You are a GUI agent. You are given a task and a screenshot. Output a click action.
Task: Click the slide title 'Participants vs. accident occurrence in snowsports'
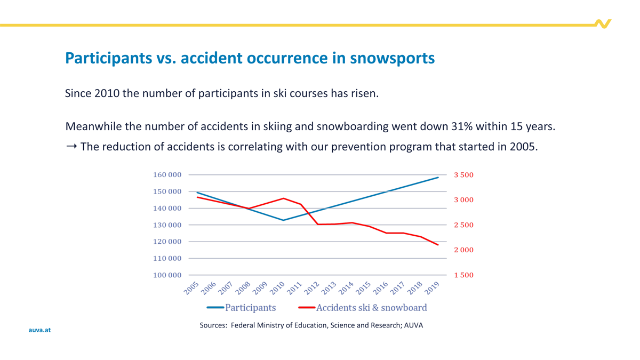point(250,58)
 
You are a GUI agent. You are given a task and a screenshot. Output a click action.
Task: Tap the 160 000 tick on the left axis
point(167,175)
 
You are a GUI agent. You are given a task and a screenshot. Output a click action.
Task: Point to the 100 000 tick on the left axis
point(167,275)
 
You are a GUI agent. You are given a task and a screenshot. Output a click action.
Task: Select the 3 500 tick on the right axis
point(463,175)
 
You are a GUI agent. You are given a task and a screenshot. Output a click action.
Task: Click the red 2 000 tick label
point(463,250)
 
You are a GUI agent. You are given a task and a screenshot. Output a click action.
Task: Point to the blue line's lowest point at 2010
point(283,220)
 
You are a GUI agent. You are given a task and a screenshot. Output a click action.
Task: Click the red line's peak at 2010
point(283,198)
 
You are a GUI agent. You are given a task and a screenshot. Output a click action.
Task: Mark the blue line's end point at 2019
point(438,178)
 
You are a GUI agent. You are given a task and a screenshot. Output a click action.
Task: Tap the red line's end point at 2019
point(438,245)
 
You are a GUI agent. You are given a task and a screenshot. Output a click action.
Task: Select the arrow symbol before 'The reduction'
point(71,146)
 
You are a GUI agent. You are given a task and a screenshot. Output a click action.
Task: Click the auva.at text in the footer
point(39,330)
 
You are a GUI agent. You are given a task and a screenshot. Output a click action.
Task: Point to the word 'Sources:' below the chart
point(213,325)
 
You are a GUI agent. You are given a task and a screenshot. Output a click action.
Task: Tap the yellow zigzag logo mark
point(603,24)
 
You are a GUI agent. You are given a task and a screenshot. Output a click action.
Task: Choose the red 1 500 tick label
point(463,275)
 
